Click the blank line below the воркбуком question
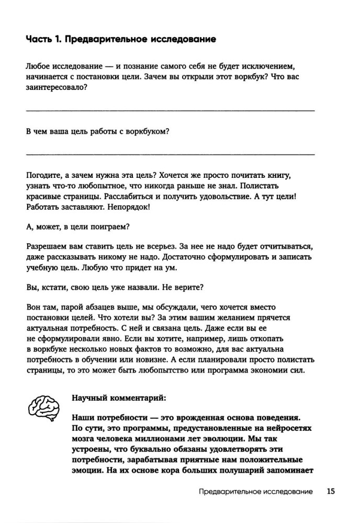point(170,154)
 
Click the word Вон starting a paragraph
point(32,308)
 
